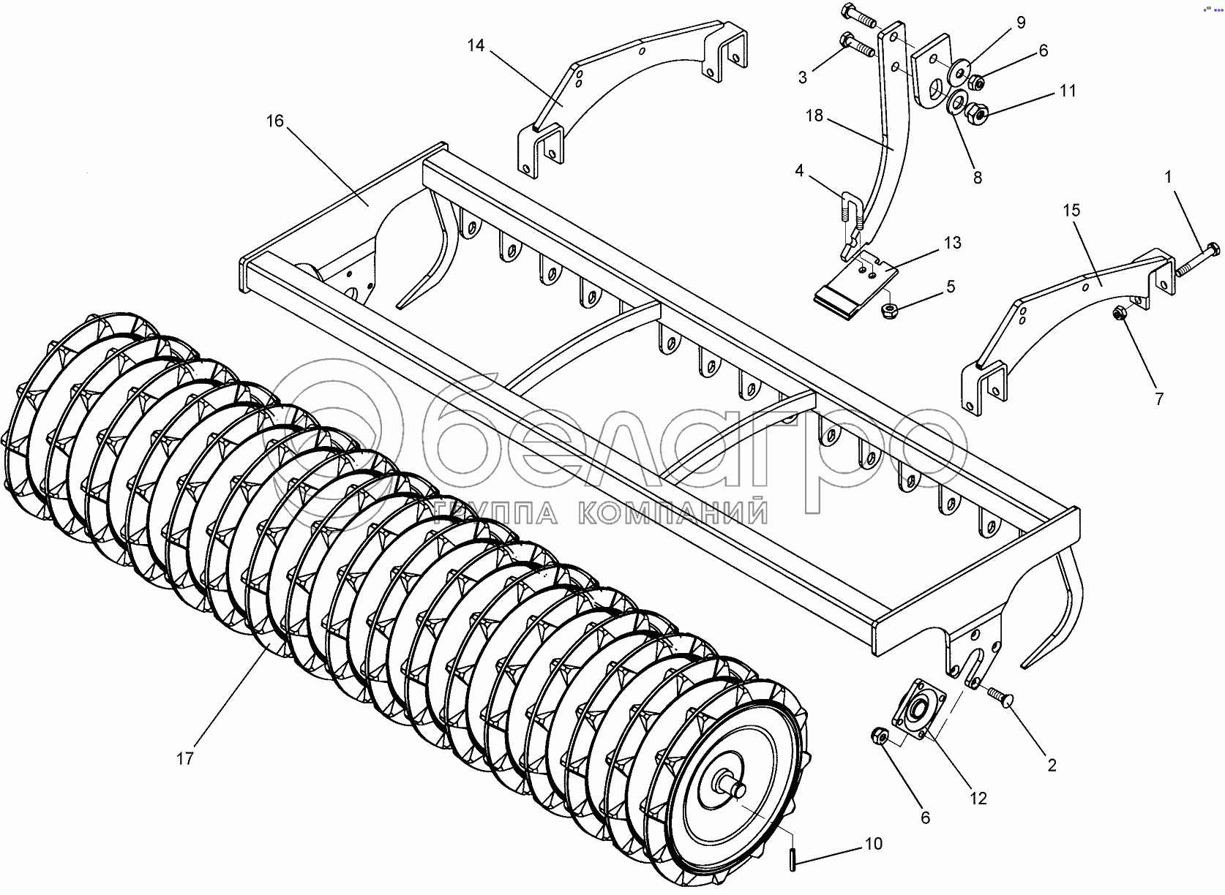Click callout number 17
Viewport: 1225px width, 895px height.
tap(185, 758)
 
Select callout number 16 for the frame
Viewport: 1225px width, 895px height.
tap(274, 121)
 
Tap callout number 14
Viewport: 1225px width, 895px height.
tap(476, 46)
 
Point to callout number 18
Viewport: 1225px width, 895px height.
tap(814, 116)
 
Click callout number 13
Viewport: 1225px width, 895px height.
tap(952, 243)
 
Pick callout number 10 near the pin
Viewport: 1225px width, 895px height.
tap(874, 843)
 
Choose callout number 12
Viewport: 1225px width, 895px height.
tap(978, 798)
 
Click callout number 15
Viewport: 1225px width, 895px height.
tap(1071, 211)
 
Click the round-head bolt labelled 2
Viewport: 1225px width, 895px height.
tap(1000, 696)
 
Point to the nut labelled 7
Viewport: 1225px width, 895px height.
tap(1119, 314)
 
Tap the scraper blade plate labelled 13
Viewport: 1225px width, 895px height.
tap(856, 285)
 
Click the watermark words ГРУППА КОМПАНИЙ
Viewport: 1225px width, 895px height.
tap(600, 513)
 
